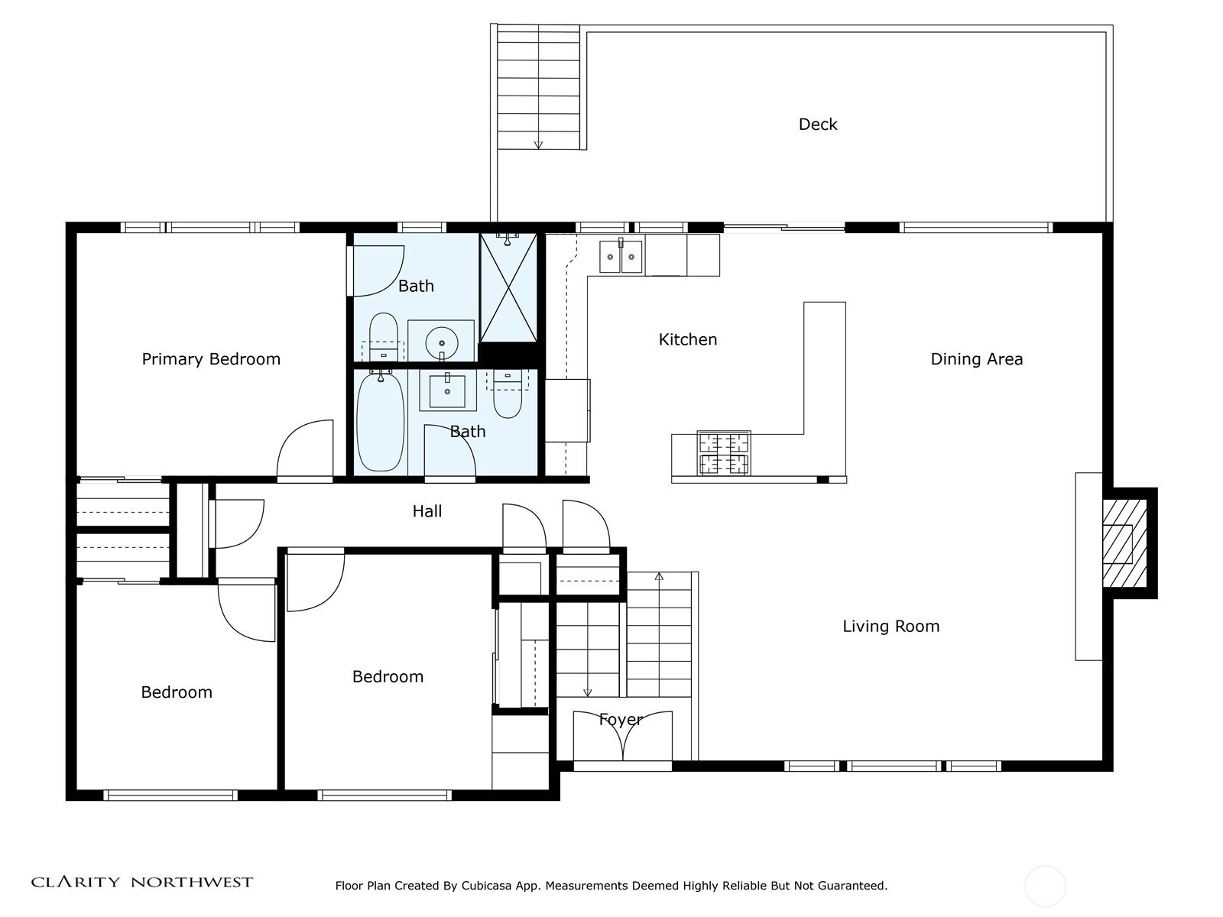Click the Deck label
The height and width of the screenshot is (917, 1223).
tap(817, 124)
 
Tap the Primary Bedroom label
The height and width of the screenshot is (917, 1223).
tap(211, 359)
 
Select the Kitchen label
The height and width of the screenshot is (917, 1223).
tap(687, 339)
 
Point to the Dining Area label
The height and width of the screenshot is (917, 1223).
tap(977, 359)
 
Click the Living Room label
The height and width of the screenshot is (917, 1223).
tap(891, 627)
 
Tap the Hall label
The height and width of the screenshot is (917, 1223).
tap(427, 511)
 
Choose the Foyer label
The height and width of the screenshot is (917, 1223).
tap(621, 720)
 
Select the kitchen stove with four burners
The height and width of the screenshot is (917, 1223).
tap(724, 453)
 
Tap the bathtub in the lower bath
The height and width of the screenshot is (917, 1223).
tap(381, 422)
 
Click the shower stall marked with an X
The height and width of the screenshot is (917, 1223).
tap(508, 287)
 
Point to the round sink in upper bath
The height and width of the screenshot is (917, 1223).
tap(441, 344)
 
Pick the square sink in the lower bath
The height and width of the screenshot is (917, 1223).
tap(447, 390)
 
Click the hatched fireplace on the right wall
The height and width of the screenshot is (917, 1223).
tap(1124, 543)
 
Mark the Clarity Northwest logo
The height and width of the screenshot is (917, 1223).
tap(141, 882)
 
